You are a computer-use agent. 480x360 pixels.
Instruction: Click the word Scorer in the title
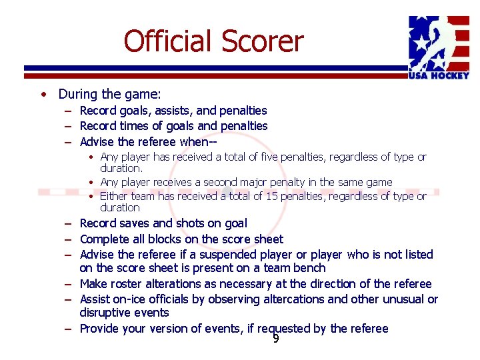pyautogui.click(x=264, y=41)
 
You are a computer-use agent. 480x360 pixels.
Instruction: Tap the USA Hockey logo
pyautogui.click(x=439, y=47)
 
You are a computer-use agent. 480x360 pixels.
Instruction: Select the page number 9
pyautogui.click(x=275, y=339)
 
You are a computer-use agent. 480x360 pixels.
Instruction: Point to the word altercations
pyautogui.click(x=294, y=299)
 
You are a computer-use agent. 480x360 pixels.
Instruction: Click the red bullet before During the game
pyautogui.click(x=42, y=95)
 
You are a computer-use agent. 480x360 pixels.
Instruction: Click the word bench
pyautogui.click(x=311, y=268)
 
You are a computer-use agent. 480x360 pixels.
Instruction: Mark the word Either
pyautogui.click(x=114, y=196)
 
